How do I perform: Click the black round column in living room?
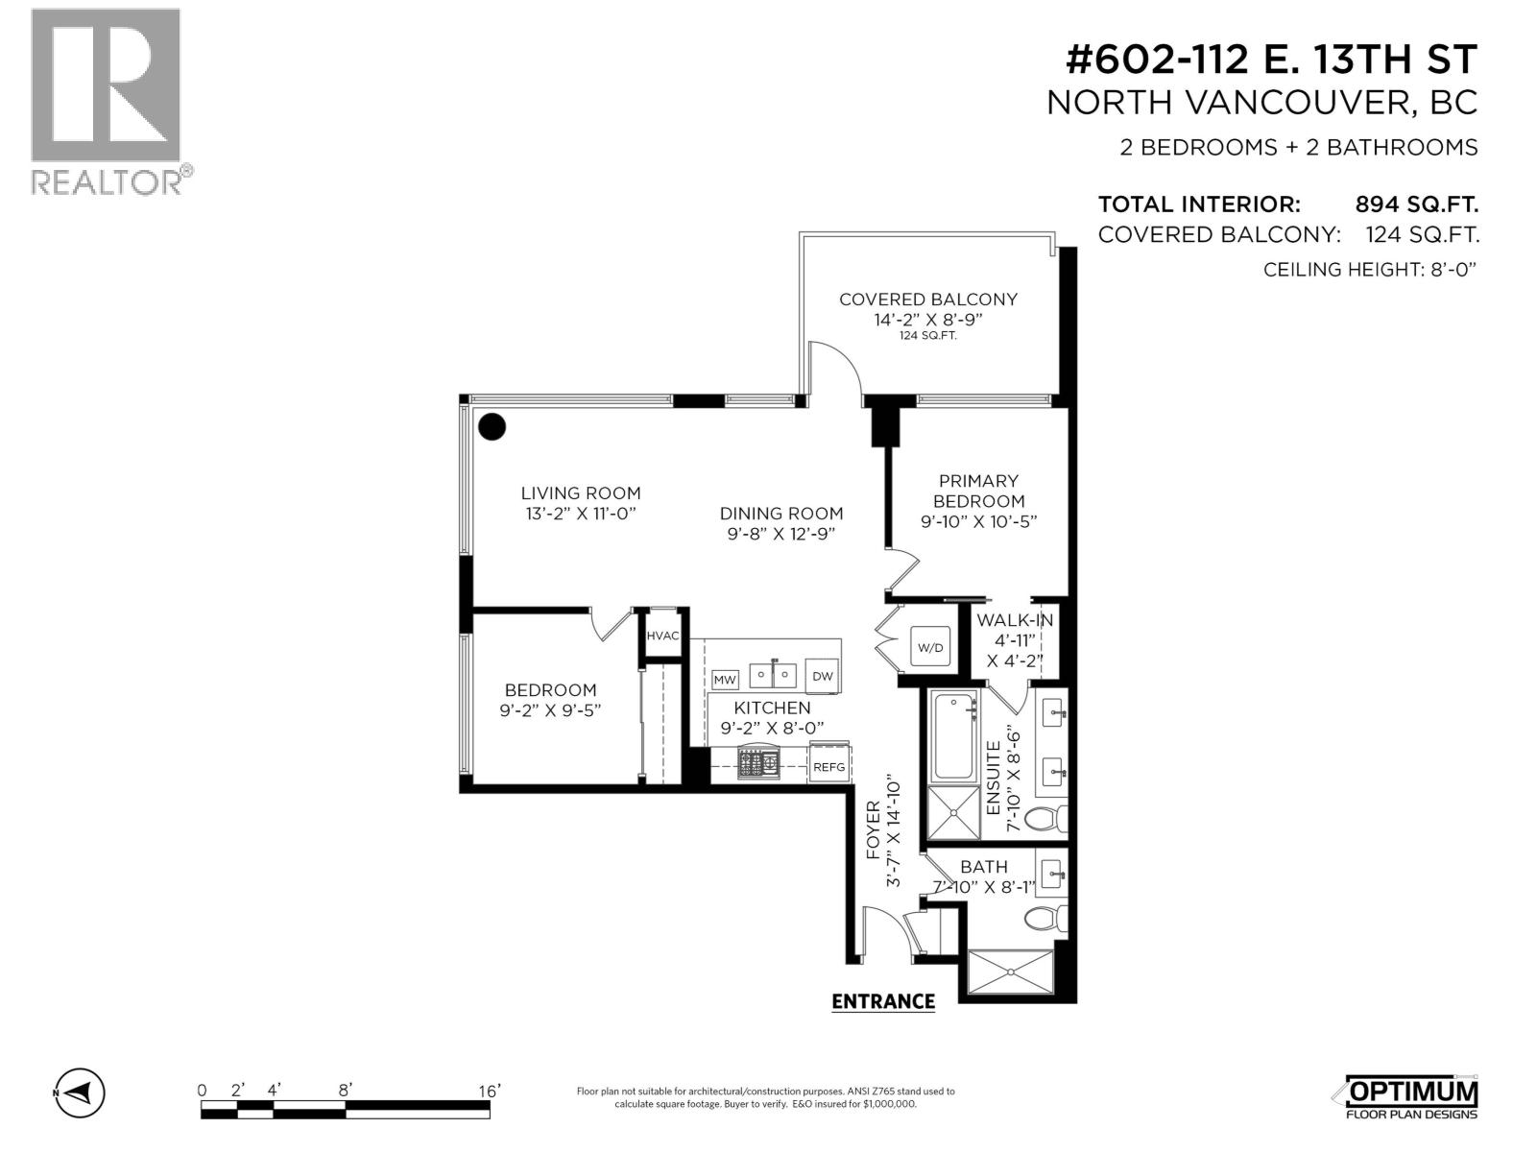coord(492,426)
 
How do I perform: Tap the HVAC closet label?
coord(662,636)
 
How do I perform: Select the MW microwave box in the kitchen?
coord(725,680)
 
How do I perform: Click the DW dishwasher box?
coord(823,676)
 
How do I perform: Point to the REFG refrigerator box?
coord(828,766)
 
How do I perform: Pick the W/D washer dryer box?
coord(930,647)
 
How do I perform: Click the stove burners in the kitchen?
coord(758,764)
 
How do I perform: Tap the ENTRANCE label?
coord(882,1001)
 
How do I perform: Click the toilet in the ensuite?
coord(1045,819)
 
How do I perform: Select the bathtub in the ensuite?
coord(953,735)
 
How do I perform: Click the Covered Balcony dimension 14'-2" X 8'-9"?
coord(928,320)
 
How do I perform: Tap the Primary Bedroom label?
coord(978,491)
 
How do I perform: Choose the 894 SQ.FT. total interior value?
coord(1416,204)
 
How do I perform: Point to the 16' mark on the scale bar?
coord(489,1092)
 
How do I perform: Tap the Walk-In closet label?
coord(1014,621)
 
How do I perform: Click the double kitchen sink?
coord(774,675)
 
